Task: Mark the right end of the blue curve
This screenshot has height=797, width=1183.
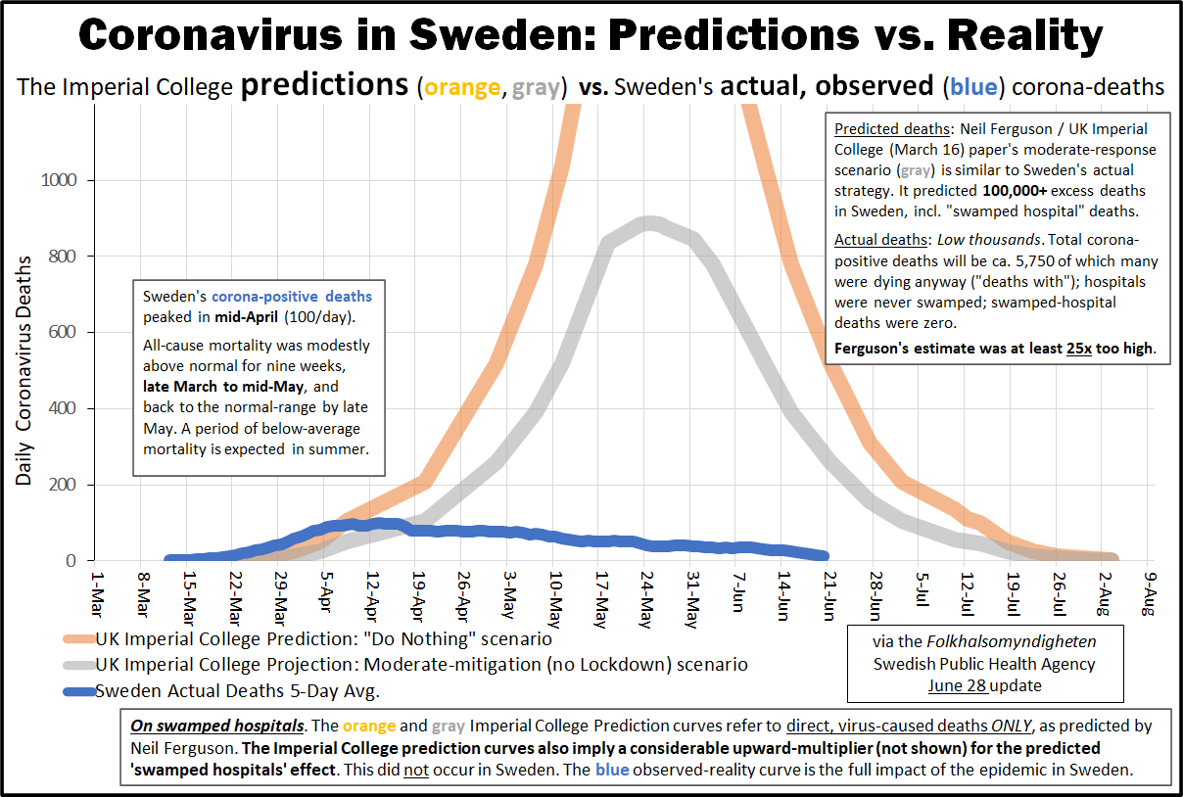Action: click(x=825, y=555)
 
